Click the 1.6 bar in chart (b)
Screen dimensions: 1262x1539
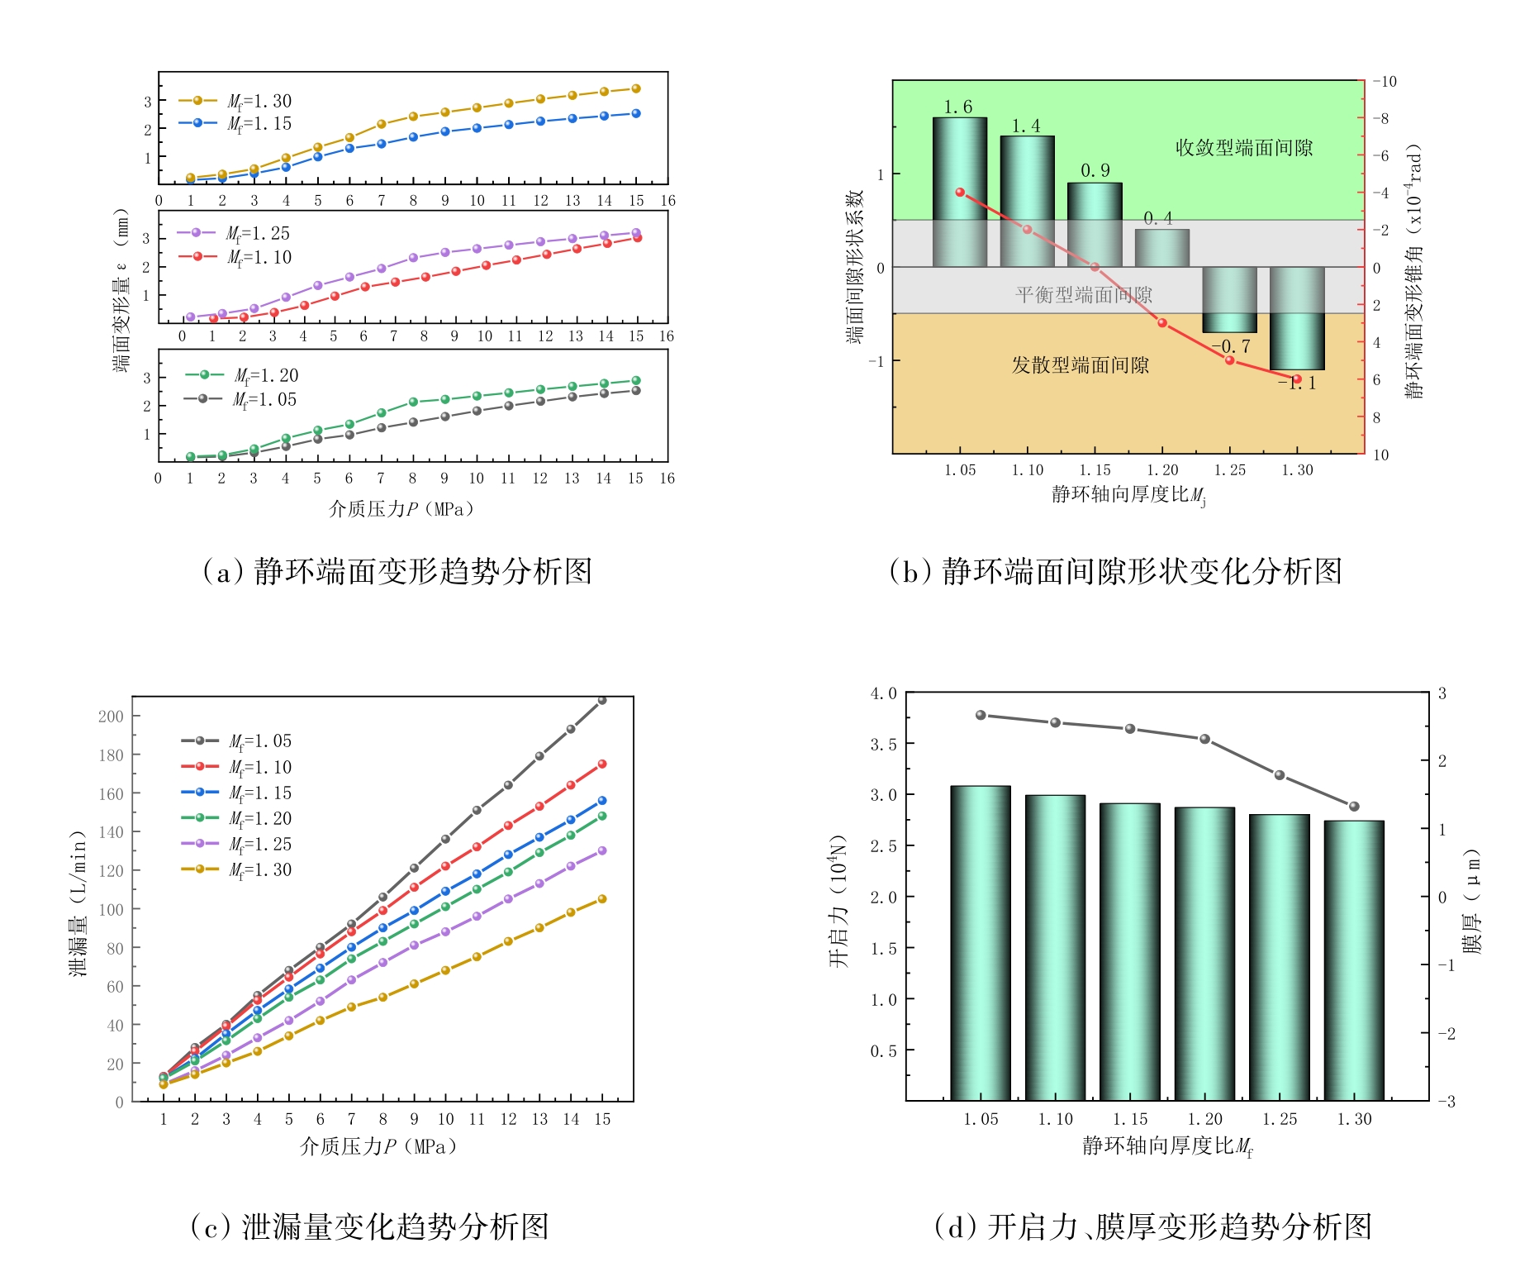pos(959,192)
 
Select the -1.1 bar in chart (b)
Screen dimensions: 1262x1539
pos(1296,317)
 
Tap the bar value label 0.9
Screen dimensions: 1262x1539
pos(1095,170)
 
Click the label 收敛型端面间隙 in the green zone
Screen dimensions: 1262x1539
pos(1243,148)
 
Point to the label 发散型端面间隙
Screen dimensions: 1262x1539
pos(1081,365)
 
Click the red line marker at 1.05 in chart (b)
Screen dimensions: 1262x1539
pos(960,193)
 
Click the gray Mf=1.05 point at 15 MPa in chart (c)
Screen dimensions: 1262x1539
pos(602,700)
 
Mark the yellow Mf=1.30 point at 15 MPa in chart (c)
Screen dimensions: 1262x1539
pos(602,899)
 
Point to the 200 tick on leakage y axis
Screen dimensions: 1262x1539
pos(111,717)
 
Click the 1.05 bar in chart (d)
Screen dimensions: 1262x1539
pos(980,942)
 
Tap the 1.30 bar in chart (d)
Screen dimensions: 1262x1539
pos(1353,960)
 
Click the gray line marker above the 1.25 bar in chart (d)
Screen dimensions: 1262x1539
pos(1280,775)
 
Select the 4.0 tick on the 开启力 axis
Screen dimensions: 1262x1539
pos(883,693)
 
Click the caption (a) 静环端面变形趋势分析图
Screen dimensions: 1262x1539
pos(397,571)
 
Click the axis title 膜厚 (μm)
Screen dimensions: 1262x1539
pos(1472,901)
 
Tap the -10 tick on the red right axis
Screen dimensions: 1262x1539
pos(1385,82)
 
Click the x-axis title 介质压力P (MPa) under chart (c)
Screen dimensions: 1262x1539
pos(378,1146)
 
